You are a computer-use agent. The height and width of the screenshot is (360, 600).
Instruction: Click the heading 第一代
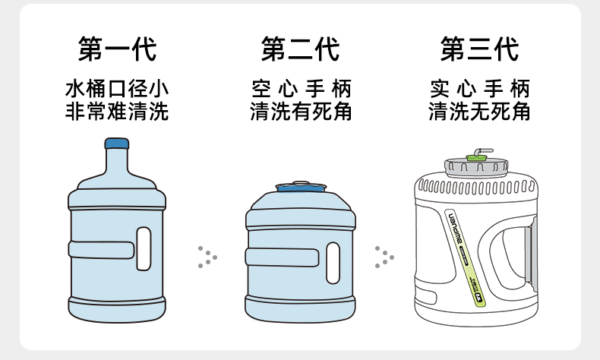[117, 49]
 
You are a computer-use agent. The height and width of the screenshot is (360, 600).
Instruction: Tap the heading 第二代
[300, 49]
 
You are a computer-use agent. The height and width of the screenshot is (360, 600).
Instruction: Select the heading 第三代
[479, 49]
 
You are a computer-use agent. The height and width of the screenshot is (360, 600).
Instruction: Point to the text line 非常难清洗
[117, 112]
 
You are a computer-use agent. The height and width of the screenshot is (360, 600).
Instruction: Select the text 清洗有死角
[301, 112]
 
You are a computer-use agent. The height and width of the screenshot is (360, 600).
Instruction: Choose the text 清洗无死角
[479, 112]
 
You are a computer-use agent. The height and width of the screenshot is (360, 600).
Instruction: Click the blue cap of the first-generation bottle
[116, 143]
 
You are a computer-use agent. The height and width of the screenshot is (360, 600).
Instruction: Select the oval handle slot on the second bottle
[333, 263]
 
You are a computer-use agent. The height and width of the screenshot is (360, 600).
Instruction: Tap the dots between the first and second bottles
[206, 257]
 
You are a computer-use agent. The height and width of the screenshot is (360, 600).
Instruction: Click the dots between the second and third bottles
[384, 257]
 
